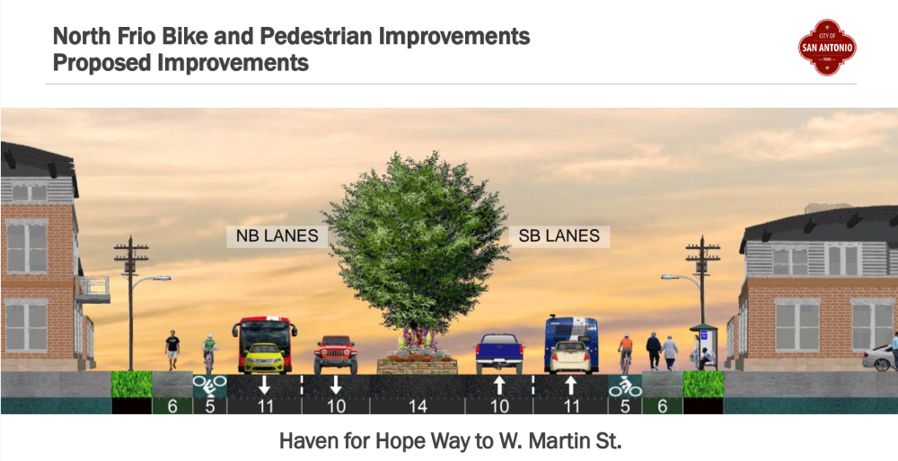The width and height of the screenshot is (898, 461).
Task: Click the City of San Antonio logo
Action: click(x=826, y=47)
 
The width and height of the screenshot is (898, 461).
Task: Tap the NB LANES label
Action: click(x=277, y=236)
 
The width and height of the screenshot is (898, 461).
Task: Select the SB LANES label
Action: click(x=559, y=235)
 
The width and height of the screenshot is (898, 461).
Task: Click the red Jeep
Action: click(x=336, y=354)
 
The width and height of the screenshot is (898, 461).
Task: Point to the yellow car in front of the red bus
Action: click(x=264, y=358)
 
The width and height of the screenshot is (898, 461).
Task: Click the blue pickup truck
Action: click(x=499, y=353)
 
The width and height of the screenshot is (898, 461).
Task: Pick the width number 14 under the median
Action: click(x=418, y=406)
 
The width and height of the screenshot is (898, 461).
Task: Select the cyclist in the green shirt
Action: click(x=209, y=352)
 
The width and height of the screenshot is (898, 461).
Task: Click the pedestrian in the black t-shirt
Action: click(x=172, y=350)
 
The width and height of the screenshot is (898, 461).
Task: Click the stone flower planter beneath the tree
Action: click(x=418, y=365)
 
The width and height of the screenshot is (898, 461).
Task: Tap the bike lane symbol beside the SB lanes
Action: click(x=625, y=386)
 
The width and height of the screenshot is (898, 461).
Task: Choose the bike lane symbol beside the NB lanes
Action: click(x=209, y=386)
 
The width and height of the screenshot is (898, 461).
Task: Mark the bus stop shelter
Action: click(x=704, y=346)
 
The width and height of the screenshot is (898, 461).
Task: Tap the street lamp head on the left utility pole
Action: click(x=160, y=279)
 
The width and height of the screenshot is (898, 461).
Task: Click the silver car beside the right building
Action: click(x=879, y=358)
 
